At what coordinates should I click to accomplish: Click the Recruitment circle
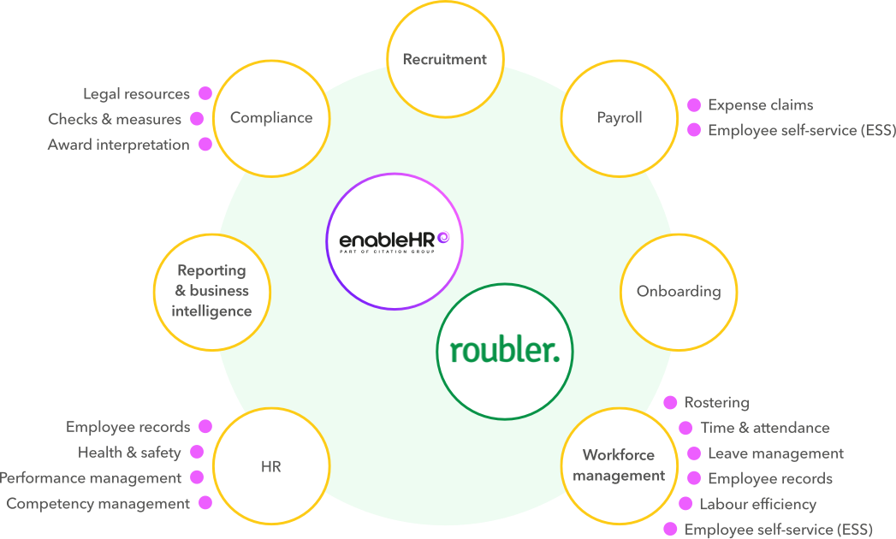(444, 59)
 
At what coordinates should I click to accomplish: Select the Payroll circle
(619, 118)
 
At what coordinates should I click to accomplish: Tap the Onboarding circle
(679, 291)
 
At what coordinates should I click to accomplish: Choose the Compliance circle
(271, 118)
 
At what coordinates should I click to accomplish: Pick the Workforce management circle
(619, 465)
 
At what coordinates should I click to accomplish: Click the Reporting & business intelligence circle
(211, 291)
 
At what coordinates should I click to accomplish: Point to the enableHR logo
(394, 240)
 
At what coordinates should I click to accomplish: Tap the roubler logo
(505, 351)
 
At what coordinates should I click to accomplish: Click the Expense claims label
(760, 105)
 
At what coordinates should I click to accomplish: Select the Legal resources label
(136, 93)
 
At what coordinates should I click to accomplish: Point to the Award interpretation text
(118, 145)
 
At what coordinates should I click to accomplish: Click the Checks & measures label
(115, 119)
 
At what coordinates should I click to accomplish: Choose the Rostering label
(716, 402)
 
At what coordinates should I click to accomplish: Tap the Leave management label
(775, 453)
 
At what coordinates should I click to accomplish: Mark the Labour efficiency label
(757, 504)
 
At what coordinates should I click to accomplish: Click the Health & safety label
(129, 452)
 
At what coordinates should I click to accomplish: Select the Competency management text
(98, 503)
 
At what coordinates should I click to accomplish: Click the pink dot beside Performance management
(198, 477)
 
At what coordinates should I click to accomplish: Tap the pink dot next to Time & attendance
(685, 428)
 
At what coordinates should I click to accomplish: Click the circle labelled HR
(271, 466)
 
